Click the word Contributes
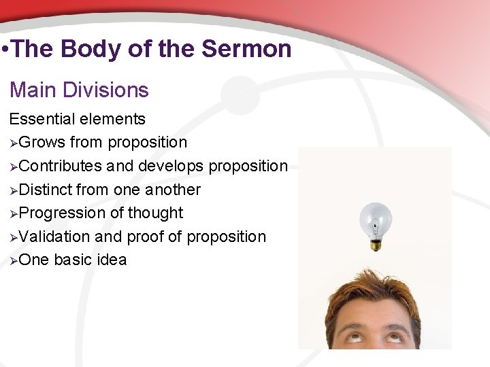coord(61,166)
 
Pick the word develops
coord(173,166)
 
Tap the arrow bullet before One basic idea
coord(14,260)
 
